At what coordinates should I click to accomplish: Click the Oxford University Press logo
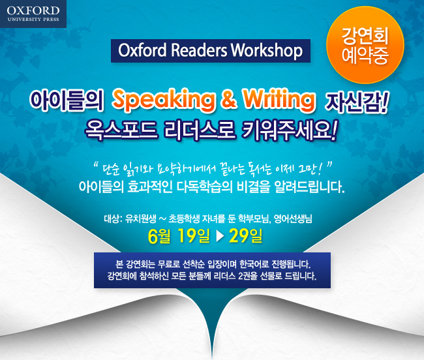pos(33,14)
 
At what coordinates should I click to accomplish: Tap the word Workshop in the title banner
pos(266,50)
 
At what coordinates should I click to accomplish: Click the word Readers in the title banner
pos(199,50)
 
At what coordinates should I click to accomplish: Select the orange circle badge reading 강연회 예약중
pos(365,45)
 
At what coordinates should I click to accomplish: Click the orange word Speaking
pos(164,100)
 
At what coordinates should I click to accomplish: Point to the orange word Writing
pos(279,100)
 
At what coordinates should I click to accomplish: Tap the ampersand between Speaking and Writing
pos(229,99)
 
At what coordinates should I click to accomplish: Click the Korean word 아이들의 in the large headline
pos(67,100)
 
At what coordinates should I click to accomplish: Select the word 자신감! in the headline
pos(357,102)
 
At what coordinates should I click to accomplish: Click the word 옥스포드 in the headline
pos(121,130)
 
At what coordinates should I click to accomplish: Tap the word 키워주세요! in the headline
pos(290,130)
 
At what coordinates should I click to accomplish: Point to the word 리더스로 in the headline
pos(200,130)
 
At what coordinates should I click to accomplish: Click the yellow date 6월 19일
pos(179,236)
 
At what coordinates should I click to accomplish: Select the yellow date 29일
pos(245,235)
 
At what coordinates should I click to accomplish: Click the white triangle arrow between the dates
pos(220,236)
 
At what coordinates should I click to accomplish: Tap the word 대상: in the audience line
pos(114,218)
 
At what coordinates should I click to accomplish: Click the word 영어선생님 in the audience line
pos(293,218)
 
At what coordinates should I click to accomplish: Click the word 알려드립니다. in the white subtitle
pos(310,187)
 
